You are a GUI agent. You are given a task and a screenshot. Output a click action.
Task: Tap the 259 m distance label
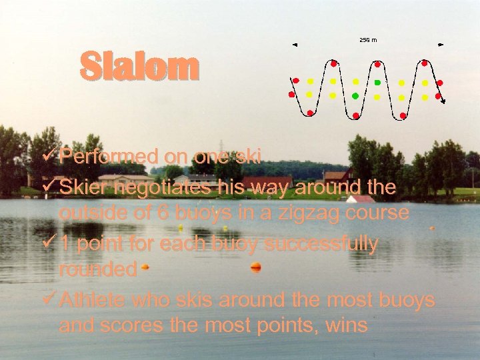point(368,40)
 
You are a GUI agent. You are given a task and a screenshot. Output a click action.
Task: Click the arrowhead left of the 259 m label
point(294,45)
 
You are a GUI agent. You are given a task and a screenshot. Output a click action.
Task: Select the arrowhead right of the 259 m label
point(441,45)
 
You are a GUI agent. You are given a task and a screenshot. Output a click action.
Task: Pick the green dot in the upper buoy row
point(377,82)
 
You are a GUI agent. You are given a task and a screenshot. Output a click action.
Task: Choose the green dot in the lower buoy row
point(355,97)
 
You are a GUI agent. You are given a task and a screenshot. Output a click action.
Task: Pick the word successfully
point(322,244)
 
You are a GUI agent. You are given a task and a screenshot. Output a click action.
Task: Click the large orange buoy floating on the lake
point(255,267)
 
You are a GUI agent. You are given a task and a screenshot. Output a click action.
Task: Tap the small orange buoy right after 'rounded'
point(144,269)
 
